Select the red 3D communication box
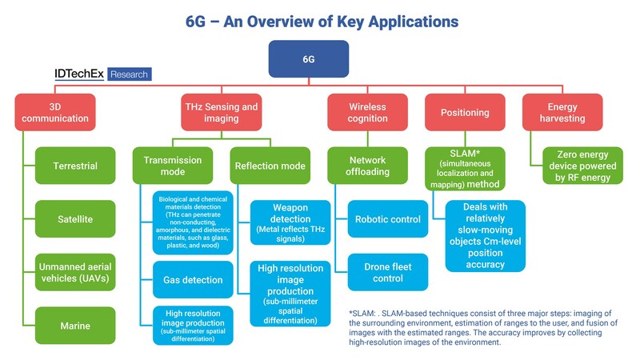coord(55,113)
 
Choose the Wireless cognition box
coord(367,113)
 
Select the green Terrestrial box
coord(75,166)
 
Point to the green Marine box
coord(75,326)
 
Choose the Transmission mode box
coord(171,166)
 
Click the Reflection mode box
coord(270,166)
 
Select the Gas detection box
coord(193,280)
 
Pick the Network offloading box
coord(367,166)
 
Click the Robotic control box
coord(388,218)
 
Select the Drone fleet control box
coord(388,272)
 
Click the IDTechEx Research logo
coord(102,75)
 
